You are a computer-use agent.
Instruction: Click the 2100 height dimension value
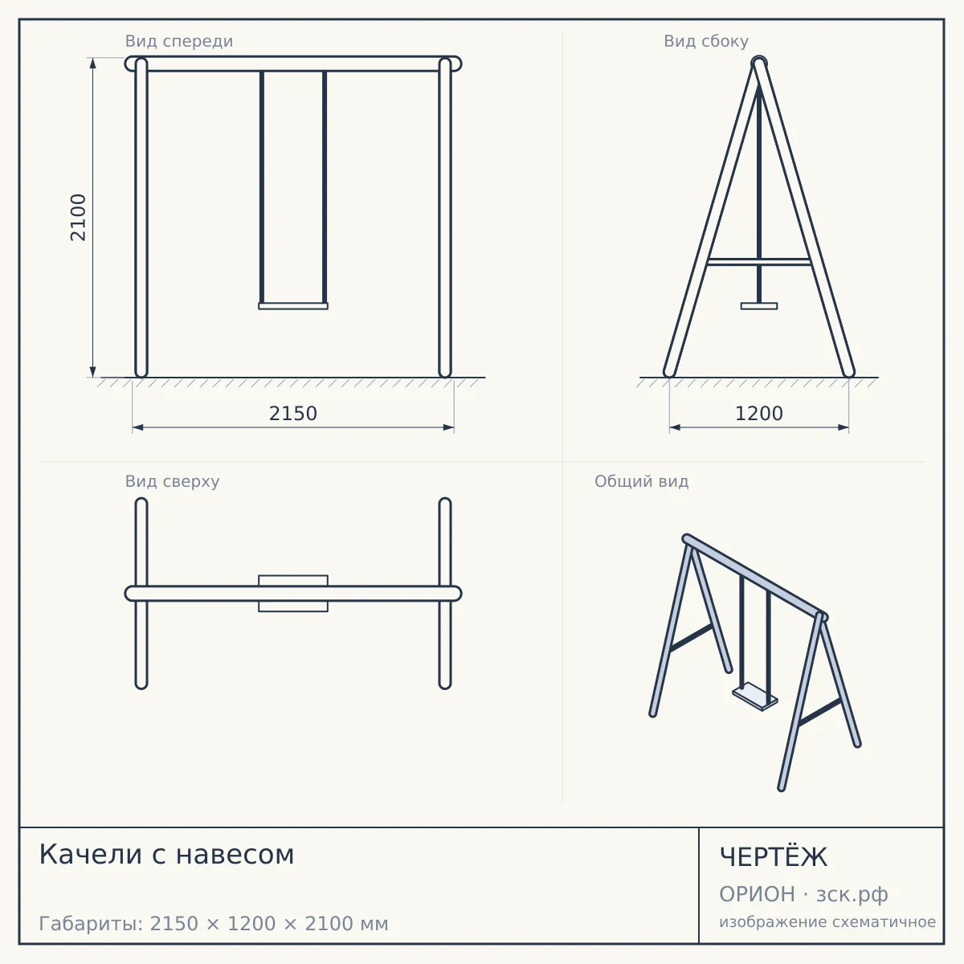[x=78, y=218]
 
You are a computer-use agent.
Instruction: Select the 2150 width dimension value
[x=293, y=414]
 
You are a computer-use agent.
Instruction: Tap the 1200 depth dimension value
[x=759, y=414]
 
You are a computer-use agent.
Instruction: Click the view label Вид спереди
[x=179, y=41]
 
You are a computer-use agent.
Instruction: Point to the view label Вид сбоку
[x=706, y=41]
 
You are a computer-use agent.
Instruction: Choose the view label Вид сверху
[x=172, y=481]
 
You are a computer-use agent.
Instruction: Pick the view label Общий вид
[x=641, y=481]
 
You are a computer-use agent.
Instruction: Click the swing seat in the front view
[x=293, y=306]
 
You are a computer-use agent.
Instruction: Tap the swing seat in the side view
[x=759, y=306]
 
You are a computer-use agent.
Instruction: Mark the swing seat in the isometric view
[x=755, y=696]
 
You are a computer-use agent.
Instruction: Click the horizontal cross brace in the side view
[x=759, y=262]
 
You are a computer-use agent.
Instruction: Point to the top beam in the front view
[x=293, y=64]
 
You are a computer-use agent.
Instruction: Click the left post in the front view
[x=141, y=218]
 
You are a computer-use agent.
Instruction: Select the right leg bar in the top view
[x=445, y=594]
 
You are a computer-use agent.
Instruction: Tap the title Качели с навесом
[x=166, y=854]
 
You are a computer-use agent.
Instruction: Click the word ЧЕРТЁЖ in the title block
[x=774, y=857]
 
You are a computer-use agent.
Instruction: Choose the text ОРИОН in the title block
[x=757, y=894]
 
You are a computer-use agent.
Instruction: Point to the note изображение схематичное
[x=827, y=921]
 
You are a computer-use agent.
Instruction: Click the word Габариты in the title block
[x=92, y=924]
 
